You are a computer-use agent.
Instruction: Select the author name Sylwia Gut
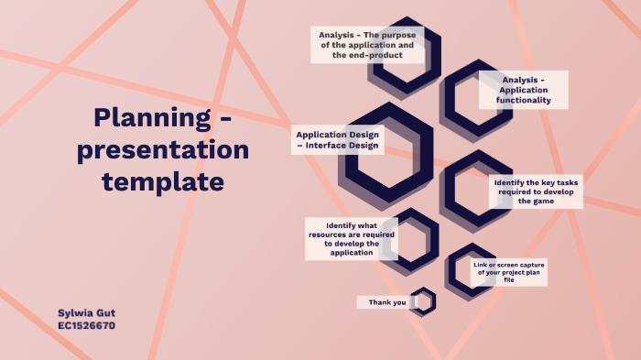86,312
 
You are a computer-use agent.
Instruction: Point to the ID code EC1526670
86,325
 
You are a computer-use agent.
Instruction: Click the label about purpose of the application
366,45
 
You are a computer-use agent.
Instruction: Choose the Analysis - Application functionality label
523,90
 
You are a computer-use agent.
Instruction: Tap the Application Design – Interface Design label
338,139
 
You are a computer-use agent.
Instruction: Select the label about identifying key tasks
536,191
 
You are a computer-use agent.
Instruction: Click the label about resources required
352,239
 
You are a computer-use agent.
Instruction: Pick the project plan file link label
508,271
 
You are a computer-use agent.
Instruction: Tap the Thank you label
387,302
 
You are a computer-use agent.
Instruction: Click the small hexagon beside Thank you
422,301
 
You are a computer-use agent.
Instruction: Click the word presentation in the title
163,149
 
